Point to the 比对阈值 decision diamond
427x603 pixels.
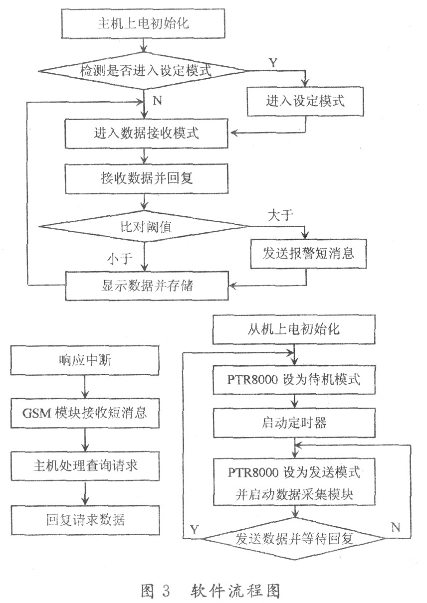[144, 226]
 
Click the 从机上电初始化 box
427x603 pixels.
[295, 329]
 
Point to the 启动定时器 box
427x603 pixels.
[295, 423]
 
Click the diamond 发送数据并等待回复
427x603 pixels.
[295, 539]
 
